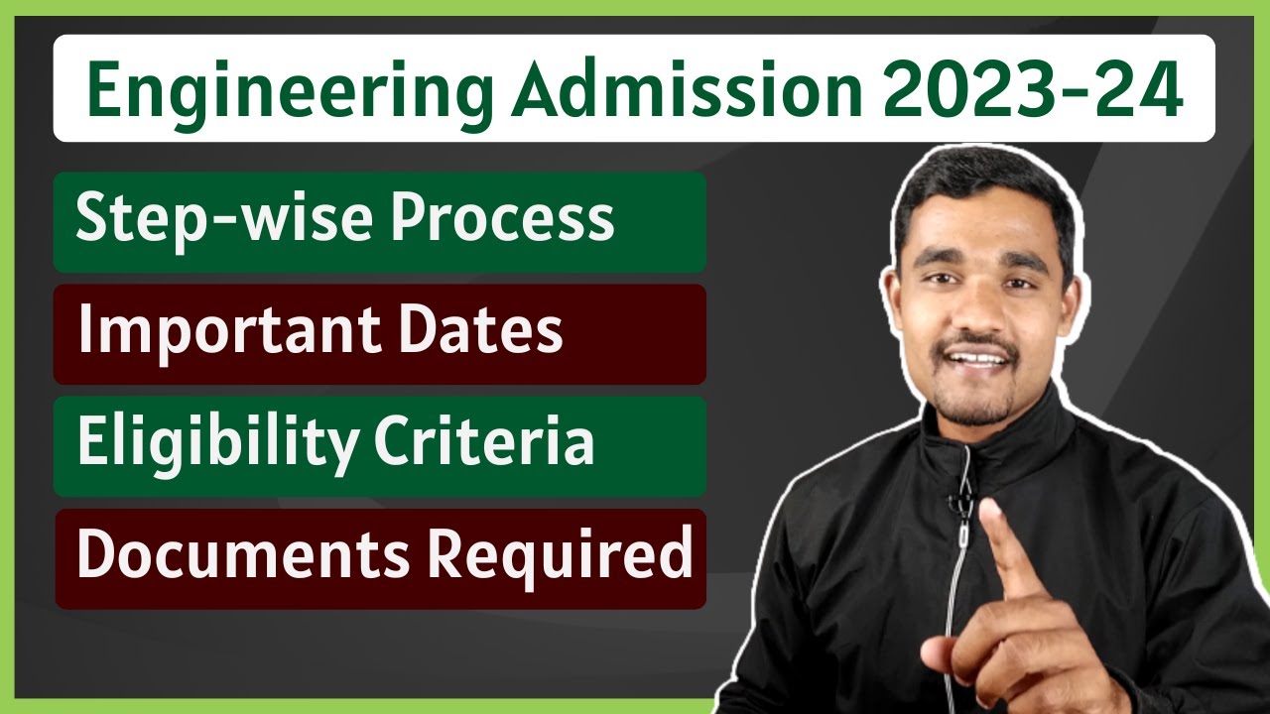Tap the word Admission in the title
click(x=686, y=90)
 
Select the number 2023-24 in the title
click(x=1032, y=90)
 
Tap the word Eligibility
click(x=213, y=443)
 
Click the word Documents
click(x=242, y=555)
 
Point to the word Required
click(x=560, y=555)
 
